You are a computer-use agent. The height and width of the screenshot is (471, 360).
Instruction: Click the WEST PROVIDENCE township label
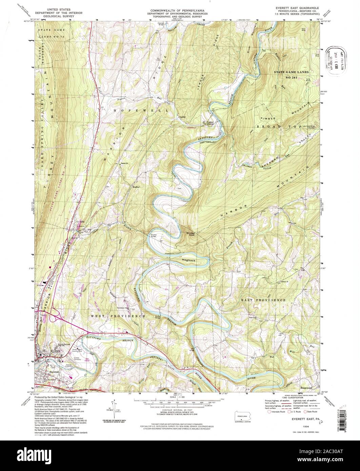pos(118,316)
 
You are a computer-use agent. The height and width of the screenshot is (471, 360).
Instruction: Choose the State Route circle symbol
pos(305,412)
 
